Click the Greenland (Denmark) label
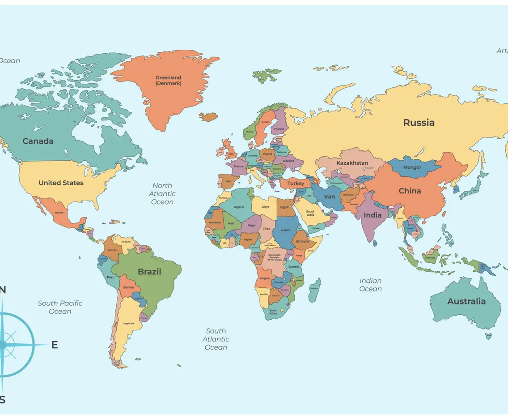click(168, 81)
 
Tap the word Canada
click(38, 141)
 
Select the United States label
click(61, 183)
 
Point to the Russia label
click(419, 123)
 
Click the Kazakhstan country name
click(352, 163)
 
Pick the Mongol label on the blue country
click(412, 167)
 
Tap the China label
click(410, 191)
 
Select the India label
click(373, 215)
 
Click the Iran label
click(329, 197)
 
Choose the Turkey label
click(296, 184)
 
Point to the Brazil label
click(149, 272)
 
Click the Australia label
click(466, 301)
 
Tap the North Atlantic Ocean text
click(162, 194)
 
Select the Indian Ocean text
click(371, 285)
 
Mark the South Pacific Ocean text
click(60, 307)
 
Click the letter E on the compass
click(55, 345)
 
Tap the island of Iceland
click(208, 117)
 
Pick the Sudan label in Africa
click(284, 230)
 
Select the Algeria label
click(239, 207)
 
